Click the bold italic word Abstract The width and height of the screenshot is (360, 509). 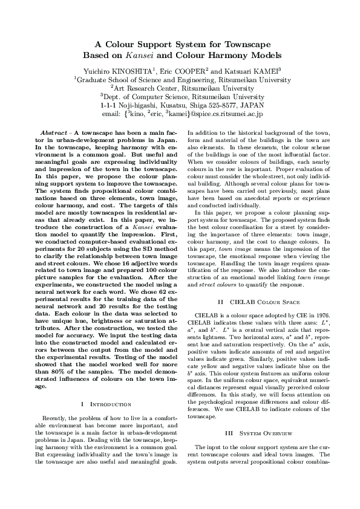(x=53, y=131)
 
